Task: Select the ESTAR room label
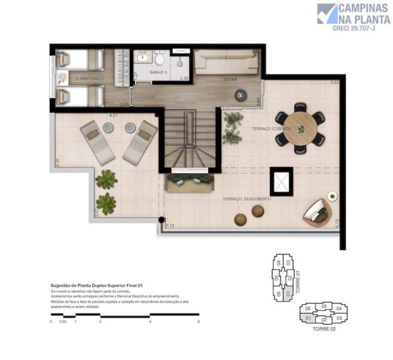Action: [x=230, y=80]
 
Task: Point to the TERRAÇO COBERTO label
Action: [x=271, y=129]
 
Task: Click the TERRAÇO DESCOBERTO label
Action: [x=247, y=199]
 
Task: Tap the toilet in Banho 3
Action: [x=161, y=58]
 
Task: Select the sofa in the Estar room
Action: [x=227, y=62]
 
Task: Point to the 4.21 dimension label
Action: [x=113, y=115]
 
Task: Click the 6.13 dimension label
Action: [x=337, y=223]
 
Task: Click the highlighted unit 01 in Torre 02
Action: [x=308, y=318]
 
